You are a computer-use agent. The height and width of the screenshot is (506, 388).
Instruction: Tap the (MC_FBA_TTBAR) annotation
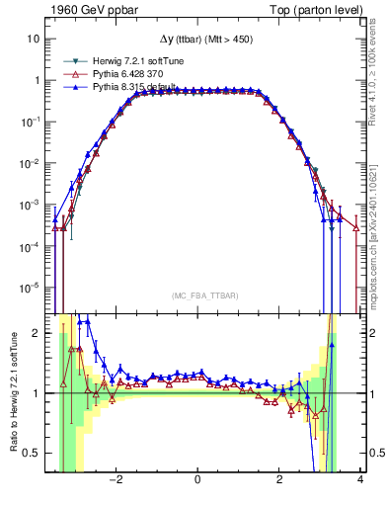click(198, 296)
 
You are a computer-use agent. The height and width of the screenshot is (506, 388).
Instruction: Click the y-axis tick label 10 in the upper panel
click(34, 39)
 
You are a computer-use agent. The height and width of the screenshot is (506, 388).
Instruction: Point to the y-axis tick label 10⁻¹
click(31, 121)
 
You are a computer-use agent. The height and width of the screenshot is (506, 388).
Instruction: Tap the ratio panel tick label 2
click(37, 333)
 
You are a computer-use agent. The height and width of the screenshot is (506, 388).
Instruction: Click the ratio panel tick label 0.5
click(31, 453)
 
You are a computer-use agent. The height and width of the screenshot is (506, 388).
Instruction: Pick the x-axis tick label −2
click(116, 480)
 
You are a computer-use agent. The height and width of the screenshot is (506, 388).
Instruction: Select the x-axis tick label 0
click(198, 480)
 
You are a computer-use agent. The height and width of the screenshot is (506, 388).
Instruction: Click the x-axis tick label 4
click(360, 480)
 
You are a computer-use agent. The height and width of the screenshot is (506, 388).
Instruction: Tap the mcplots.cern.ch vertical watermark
click(378, 237)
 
